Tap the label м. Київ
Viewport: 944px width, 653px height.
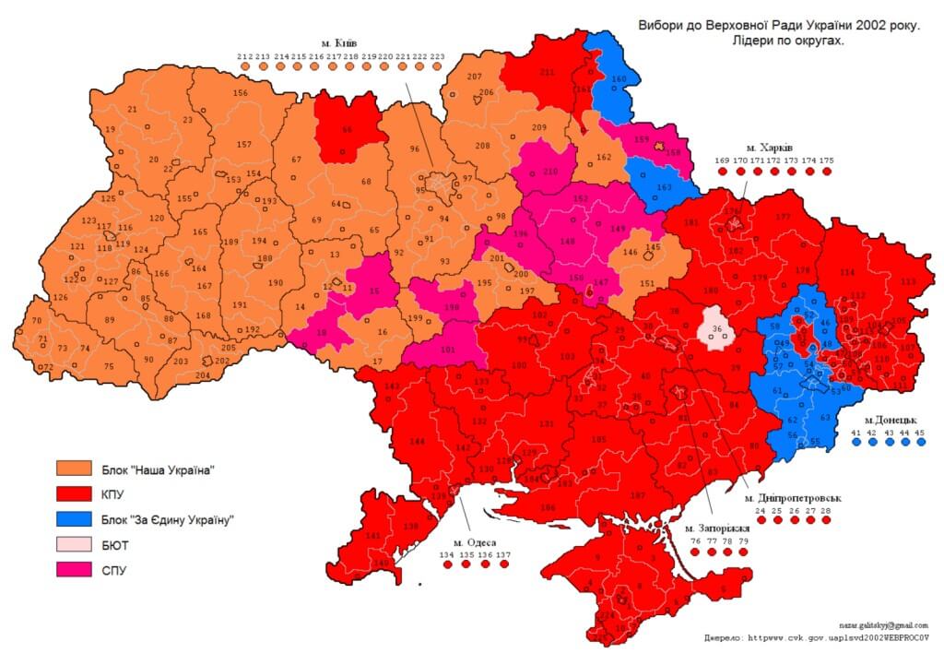[340, 43]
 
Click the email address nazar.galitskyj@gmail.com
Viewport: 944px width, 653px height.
[882, 625]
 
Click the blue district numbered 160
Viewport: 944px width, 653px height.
[618, 78]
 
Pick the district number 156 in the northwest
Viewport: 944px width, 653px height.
[241, 93]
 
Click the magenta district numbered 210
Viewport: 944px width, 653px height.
[550, 172]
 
